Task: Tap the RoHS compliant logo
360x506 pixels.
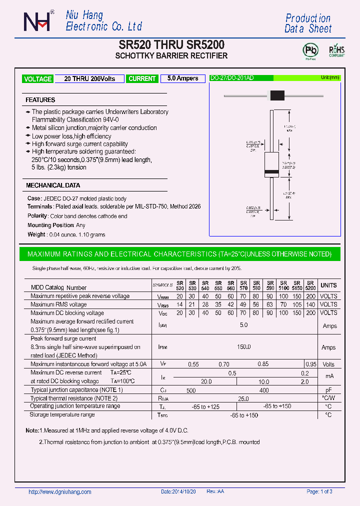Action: coord(336,51)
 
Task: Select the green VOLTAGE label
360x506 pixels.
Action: coord(37,79)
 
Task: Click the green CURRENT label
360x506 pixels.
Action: coord(142,79)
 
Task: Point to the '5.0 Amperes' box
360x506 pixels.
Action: coord(182,78)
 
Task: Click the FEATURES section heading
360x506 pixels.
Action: coord(40,100)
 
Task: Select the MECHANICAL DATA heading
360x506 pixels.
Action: coord(52,185)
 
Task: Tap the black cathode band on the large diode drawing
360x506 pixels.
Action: coord(271,172)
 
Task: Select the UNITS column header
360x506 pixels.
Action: coord(328,285)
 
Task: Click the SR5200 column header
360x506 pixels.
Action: coord(310,285)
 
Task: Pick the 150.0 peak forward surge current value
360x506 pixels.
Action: coord(243,347)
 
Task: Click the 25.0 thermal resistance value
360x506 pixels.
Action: coord(243,398)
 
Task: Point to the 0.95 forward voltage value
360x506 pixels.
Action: coord(310,364)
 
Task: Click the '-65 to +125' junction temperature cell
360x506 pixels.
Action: coord(205,406)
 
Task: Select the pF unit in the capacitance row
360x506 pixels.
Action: coord(328,390)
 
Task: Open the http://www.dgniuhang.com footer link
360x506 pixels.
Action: coord(60,492)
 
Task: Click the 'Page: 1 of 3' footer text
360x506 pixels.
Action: coord(319,492)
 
